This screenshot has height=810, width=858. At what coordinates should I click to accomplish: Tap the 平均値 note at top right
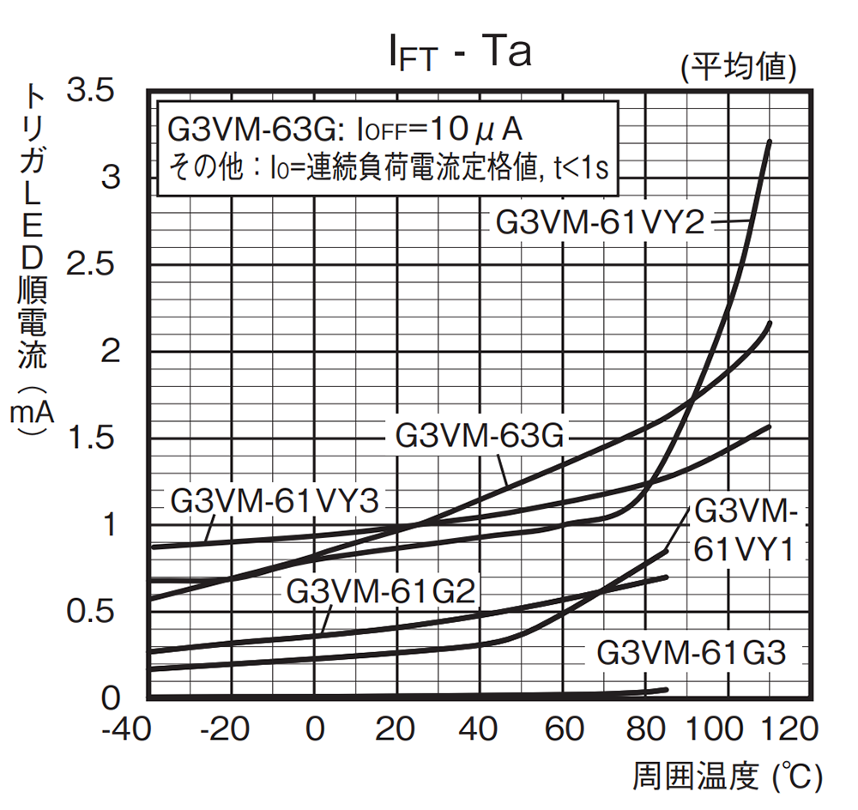click(x=740, y=66)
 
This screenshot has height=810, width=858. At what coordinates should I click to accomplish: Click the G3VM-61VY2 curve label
click(x=600, y=222)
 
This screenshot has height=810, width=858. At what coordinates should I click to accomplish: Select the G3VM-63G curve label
click(x=480, y=436)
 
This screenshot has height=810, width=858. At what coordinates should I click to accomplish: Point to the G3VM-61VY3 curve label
click(x=274, y=501)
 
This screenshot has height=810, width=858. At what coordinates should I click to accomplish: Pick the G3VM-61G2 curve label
click(x=381, y=591)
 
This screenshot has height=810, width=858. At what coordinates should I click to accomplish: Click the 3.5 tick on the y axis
click(x=94, y=90)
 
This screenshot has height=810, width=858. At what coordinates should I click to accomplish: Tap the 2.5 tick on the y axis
click(x=94, y=263)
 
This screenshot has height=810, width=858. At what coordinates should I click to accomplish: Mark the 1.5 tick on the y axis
click(x=94, y=438)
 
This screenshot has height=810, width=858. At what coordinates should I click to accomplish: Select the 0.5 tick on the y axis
click(x=94, y=612)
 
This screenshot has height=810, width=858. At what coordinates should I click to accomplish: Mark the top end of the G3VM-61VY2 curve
click(x=769, y=142)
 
